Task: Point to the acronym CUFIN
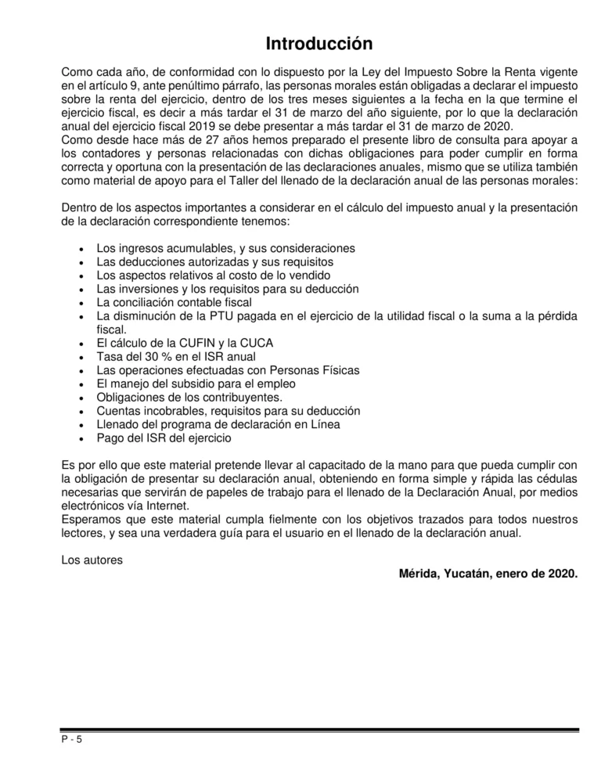click(185, 343)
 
